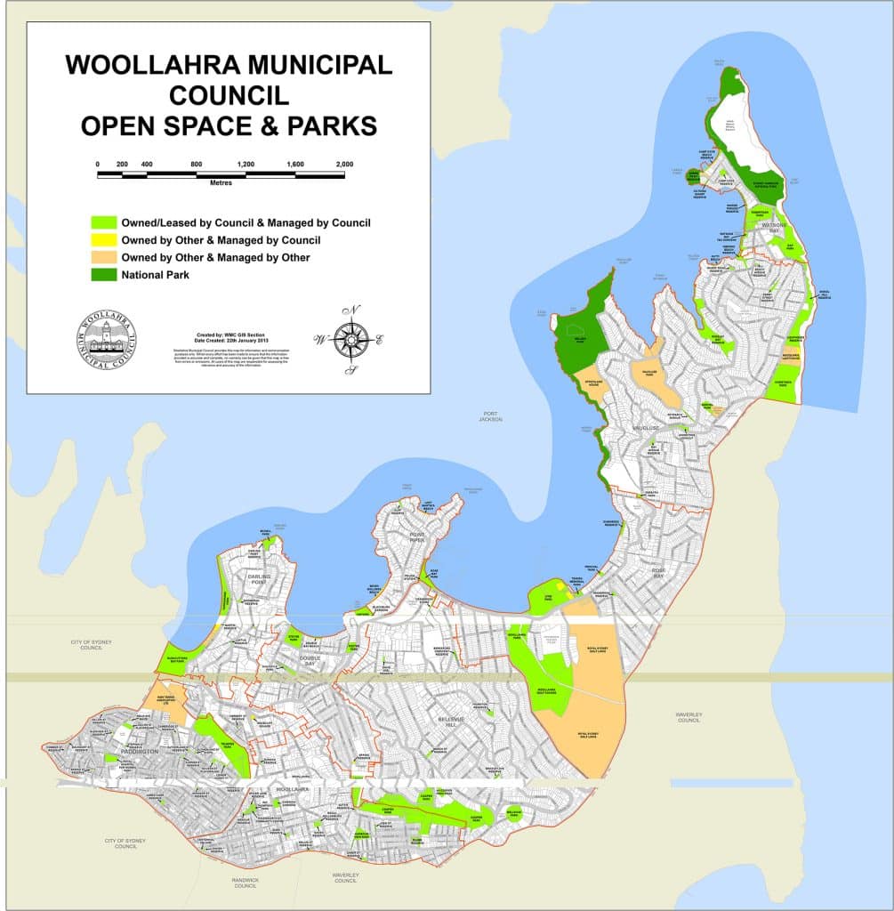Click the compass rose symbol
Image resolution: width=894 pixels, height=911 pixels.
(x=351, y=339)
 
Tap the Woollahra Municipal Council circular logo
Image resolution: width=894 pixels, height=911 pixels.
(x=108, y=339)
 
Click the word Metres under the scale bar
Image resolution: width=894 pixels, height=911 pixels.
(x=221, y=182)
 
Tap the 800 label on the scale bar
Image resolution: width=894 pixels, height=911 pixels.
(x=197, y=164)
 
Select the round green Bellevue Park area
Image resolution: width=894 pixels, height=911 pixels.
(x=514, y=812)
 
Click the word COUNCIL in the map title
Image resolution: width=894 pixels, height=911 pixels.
(x=228, y=94)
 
